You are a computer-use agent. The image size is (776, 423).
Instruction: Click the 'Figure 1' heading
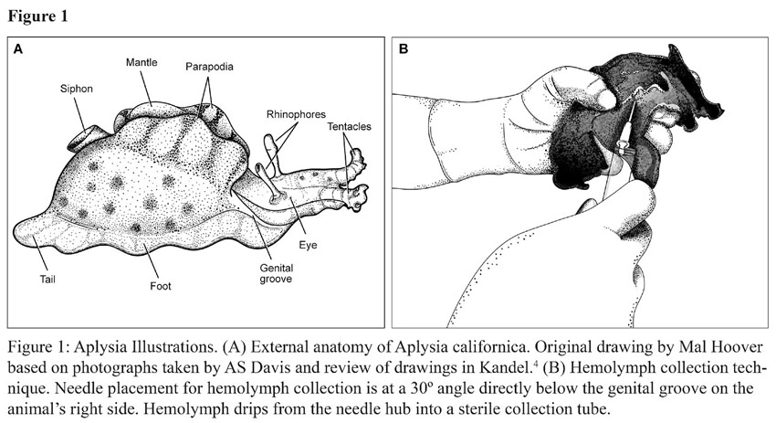click(37, 16)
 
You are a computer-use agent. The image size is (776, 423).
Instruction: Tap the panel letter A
click(18, 49)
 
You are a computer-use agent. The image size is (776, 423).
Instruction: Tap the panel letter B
click(404, 49)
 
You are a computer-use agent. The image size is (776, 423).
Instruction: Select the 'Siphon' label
click(77, 89)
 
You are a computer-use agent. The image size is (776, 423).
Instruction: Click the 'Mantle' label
click(142, 62)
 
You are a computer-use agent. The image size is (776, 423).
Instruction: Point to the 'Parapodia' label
click(209, 67)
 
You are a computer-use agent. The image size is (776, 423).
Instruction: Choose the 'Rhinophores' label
click(296, 114)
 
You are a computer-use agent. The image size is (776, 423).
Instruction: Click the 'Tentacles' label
click(349, 126)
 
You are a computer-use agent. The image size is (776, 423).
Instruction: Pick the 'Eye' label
click(308, 245)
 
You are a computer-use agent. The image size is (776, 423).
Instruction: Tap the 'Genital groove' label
click(276, 273)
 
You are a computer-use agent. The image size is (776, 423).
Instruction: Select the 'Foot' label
click(161, 286)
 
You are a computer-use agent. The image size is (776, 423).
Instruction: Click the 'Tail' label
click(47, 280)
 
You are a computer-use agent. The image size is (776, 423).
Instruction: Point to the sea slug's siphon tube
click(85, 138)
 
